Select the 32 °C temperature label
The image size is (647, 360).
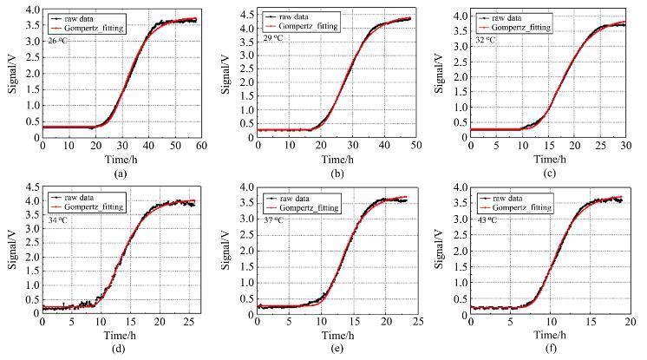point(487,40)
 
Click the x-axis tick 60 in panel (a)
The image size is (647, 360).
point(201,145)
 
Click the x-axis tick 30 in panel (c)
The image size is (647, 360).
point(625,145)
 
